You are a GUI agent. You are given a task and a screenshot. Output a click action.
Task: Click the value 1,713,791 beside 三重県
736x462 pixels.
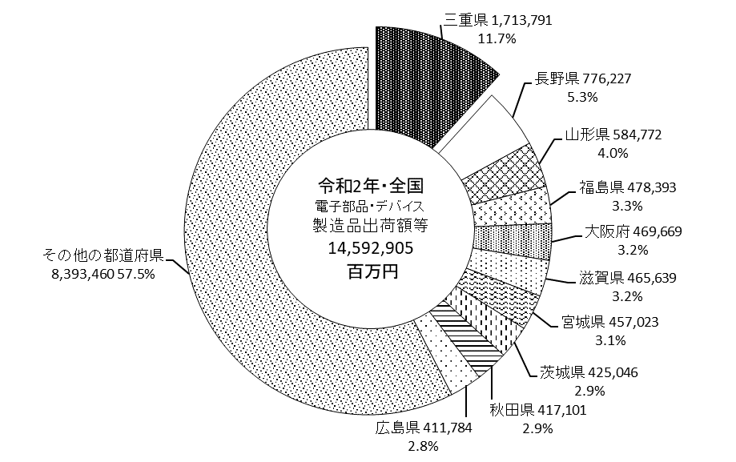522,20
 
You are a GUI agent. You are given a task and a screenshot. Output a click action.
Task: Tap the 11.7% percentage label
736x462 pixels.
497,38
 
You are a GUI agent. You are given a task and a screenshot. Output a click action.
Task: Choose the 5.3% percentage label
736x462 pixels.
582,97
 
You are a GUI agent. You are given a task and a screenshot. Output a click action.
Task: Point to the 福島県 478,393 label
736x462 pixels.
628,187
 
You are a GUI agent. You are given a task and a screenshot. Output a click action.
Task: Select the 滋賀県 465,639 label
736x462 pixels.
628,278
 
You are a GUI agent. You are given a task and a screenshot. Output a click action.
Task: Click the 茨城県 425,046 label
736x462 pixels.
589,372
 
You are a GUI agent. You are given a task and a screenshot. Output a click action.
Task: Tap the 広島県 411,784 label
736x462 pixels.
424,428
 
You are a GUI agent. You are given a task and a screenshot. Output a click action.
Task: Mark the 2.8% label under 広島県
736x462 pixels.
424,447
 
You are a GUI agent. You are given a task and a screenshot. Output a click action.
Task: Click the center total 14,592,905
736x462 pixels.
370,248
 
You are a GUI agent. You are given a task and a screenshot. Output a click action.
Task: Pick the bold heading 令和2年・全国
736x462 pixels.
371,186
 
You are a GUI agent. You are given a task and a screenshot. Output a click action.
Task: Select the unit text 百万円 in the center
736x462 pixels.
372,271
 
